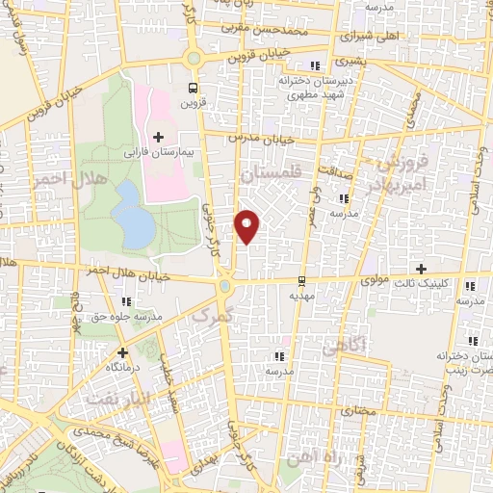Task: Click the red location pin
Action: point(247,226)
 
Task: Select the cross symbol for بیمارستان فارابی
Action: point(159,138)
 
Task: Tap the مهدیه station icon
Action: point(302,281)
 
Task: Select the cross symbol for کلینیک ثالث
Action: point(419,268)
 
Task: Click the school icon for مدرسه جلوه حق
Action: point(126,301)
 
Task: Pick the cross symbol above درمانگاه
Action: point(122,352)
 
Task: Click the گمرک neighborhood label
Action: point(212,313)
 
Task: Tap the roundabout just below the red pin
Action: point(224,284)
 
